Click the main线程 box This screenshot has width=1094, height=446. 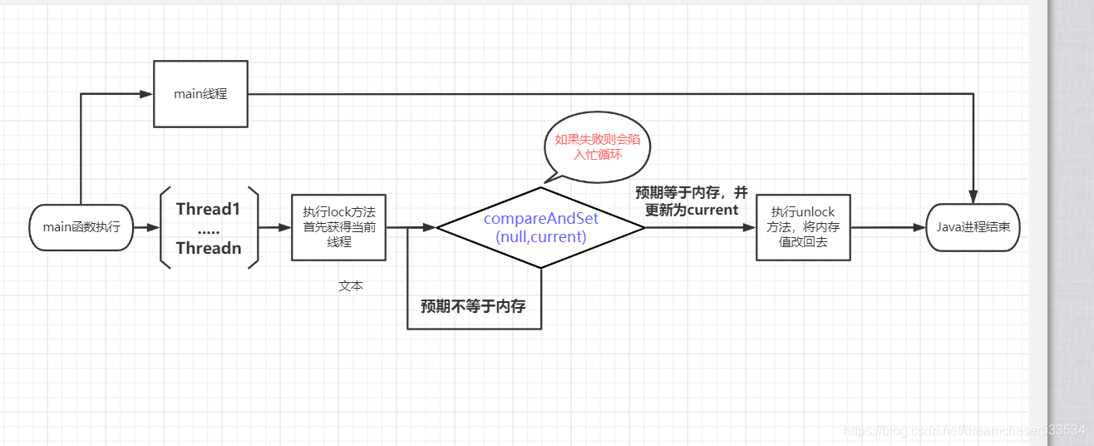[x=200, y=94]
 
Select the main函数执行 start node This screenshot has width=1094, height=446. [x=81, y=227]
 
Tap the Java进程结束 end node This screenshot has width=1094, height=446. [x=973, y=226]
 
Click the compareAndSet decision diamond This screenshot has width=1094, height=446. [x=541, y=227]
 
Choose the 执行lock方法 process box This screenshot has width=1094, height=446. [x=338, y=227]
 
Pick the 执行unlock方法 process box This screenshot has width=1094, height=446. [x=803, y=227]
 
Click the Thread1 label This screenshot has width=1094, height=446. [x=208, y=209]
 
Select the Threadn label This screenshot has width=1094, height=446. [x=208, y=247]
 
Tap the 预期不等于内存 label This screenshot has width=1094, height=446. [x=473, y=306]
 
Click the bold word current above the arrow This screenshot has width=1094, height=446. [x=712, y=211]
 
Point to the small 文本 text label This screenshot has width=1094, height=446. [x=351, y=285]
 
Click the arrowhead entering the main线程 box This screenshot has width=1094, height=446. [x=146, y=94]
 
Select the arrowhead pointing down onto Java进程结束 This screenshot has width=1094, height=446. [x=973, y=197]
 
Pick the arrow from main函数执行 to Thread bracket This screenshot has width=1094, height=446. [x=145, y=227]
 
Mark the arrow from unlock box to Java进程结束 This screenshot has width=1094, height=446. [x=888, y=227]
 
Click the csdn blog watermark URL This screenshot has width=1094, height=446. [x=964, y=430]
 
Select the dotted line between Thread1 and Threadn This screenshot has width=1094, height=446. [x=208, y=229]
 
